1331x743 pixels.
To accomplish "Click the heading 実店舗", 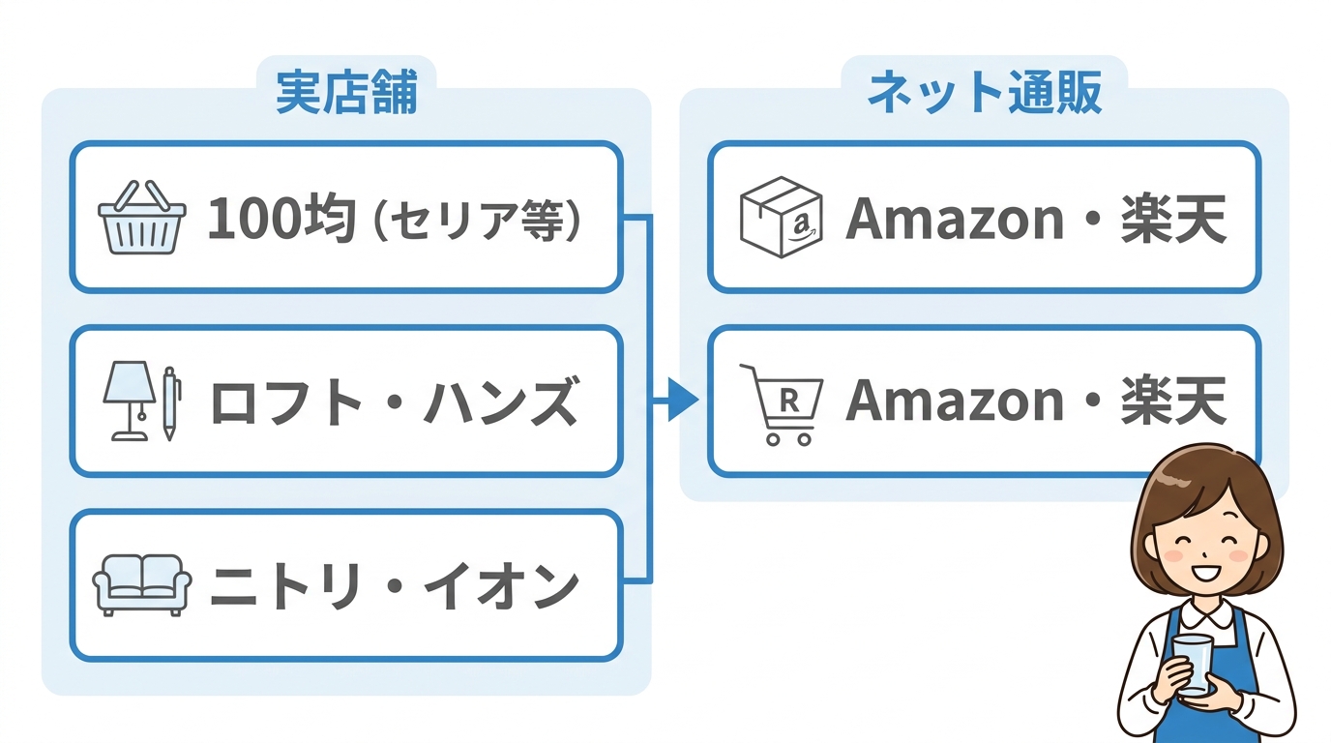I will pyautogui.click(x=345, y=94).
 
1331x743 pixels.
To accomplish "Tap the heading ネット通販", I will pyautogui.click(x=985, y=94).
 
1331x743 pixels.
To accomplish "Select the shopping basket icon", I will pyautogui.click(x=142, y=218).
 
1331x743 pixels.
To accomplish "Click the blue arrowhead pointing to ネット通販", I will pyautogui.click(x=683, y=400).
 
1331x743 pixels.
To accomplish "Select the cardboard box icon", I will pyautogui.click(x=780, y=217).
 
